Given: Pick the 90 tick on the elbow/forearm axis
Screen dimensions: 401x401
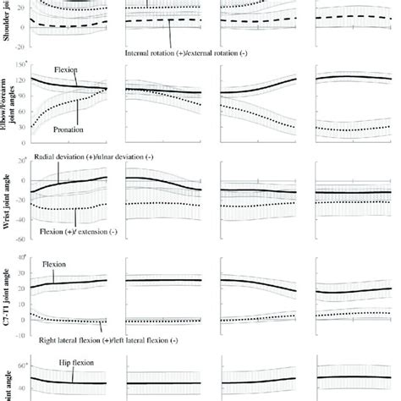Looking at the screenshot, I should [x=23, y=101].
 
